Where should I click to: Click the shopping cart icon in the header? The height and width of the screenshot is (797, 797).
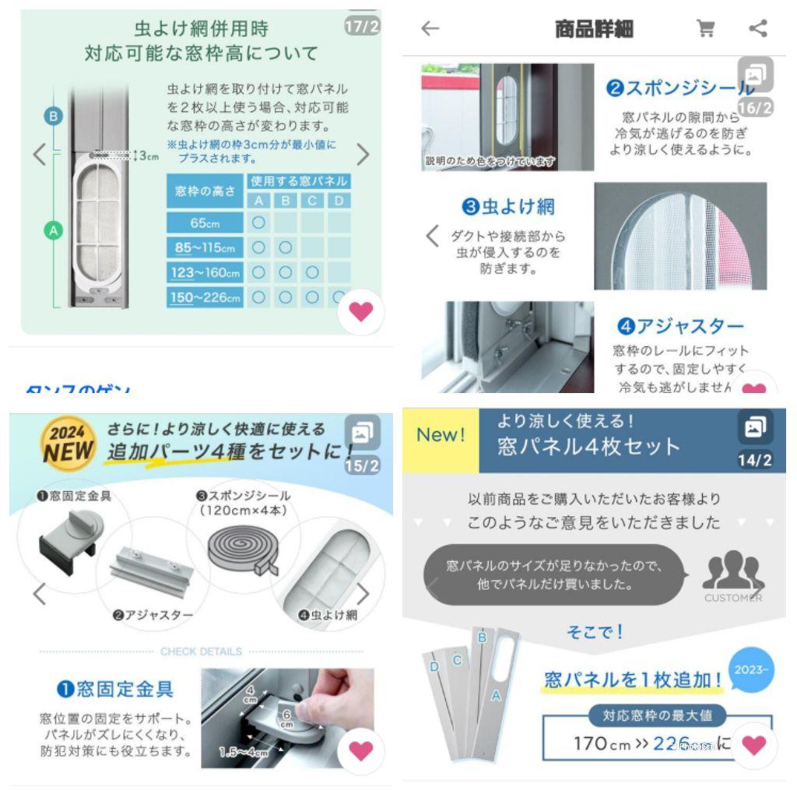click(706, 29)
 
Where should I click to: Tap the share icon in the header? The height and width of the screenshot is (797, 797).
click(757, 29)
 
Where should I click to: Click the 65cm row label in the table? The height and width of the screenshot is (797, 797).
click(205, 223)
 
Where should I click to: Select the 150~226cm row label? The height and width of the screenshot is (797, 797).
click(205, 297)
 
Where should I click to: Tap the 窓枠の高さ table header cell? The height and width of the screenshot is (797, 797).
click(205, 191)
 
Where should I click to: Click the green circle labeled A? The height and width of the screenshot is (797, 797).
click(53, 230)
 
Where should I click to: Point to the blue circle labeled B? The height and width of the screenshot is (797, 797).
click(53, 117)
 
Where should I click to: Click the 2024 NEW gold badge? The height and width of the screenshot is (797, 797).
click(69, 443)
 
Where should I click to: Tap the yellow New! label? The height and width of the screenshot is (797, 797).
click(440, 434)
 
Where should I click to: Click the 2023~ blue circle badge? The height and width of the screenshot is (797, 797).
click(750, 669)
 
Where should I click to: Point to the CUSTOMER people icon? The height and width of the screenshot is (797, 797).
click(732, 576)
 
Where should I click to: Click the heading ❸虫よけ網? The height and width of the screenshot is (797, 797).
click(507, 206)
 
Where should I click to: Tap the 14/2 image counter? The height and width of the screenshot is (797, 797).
click(754, 460)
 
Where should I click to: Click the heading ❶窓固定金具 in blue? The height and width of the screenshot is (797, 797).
click(115, 688)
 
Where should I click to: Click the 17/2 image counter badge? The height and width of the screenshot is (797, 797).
click(362, 26)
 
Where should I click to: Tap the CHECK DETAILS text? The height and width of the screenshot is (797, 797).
click(201, 651)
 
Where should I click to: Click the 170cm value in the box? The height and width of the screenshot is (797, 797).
click(602, 743)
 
